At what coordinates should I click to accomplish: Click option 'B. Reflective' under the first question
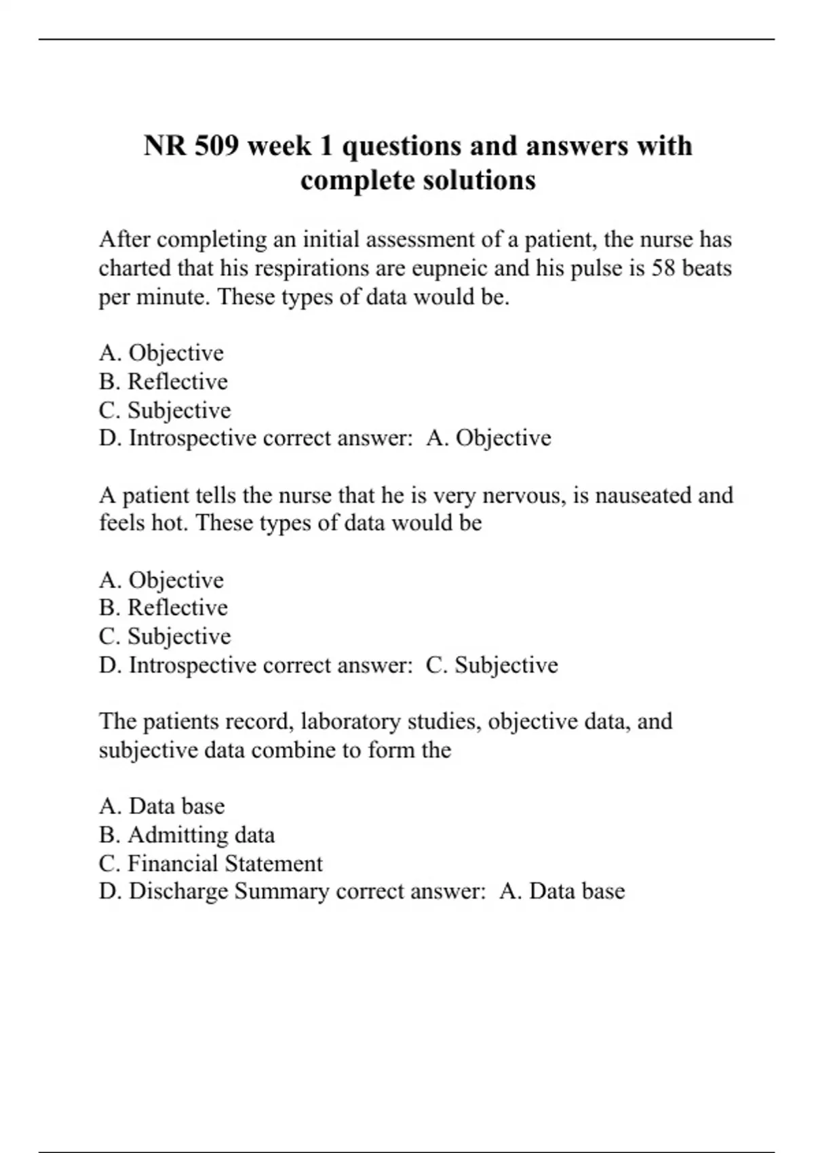pyautogui.click(x=163, y=382)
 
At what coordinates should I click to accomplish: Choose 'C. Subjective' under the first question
pyautogui.click(x=165, y=410)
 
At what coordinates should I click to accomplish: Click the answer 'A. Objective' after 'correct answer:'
pyautogui.click(x=488, y=438)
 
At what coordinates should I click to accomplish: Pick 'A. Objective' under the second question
pyautogui.click(x=161, y=580)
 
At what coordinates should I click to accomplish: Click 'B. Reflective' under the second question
pyautogui.click(x=163, y=608)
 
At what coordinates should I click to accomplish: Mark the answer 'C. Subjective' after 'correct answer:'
pyautogui.click(x=492, y=665)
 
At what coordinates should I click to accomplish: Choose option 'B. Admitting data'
pyautogui.click(x=187, y=835)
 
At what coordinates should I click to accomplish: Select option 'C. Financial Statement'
pyautogui.click(x=211, y=863)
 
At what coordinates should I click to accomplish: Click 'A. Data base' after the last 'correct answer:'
pyautogui.click(x=562, y=891)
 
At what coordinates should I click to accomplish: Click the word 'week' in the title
pyautogui.click(x=279, y=146)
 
